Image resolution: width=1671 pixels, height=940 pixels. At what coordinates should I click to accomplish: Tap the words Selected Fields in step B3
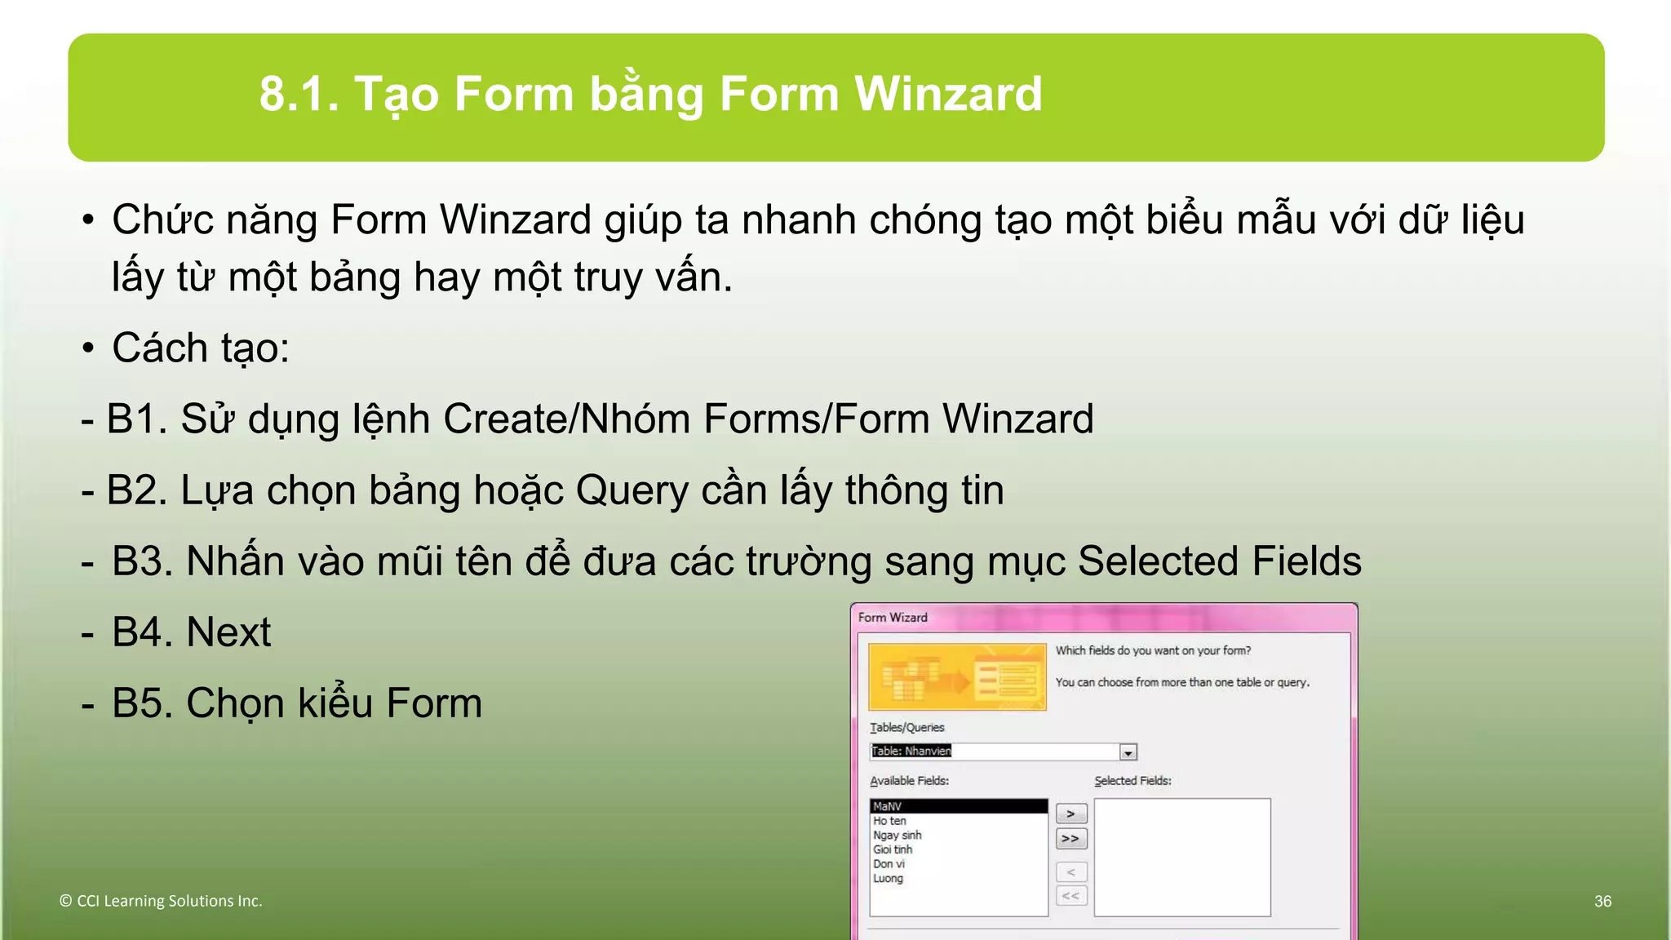(x=1219, y=561)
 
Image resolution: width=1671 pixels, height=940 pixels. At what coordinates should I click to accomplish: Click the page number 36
(x=1602, y=901)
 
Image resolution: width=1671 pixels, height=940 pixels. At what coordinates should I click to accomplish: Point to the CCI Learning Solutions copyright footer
(x=161, y=901)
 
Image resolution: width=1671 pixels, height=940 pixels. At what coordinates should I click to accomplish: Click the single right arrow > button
(x=1070, y=814)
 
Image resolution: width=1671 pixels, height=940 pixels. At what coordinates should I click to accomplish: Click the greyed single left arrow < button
(x=1070, y=871)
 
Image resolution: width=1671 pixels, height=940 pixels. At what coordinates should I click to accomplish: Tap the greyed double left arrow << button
(x=1070, y=896)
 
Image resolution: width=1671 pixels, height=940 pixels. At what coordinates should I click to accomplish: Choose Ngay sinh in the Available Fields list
(x=897, y=835)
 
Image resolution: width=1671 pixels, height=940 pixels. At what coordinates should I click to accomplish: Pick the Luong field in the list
(x=888, y=878)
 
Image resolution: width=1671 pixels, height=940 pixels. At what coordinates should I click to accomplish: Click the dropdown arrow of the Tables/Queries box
(x=1128, y=752)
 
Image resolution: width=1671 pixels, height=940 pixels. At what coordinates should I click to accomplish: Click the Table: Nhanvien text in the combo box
(x=911, y=751)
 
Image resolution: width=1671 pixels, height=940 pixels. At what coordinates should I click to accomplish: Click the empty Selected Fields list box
(x=1181, y=857)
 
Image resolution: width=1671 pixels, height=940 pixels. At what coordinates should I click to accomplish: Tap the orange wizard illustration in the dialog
(x=957, y=676)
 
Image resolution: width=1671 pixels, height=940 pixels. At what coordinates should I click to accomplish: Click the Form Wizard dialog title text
(x=893, y=618)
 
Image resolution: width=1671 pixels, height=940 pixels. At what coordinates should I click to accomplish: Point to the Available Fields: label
(x=909, y=781)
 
